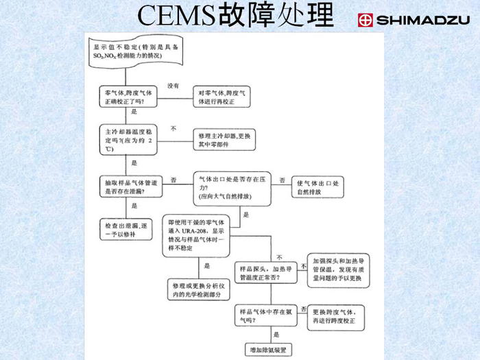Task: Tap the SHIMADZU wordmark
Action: pos(421,20)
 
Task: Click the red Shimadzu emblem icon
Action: pos(365,20)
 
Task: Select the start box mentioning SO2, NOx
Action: pos(130,49)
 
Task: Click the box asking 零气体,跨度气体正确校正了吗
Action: pos(130,96)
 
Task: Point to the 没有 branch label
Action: pos(173,86)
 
